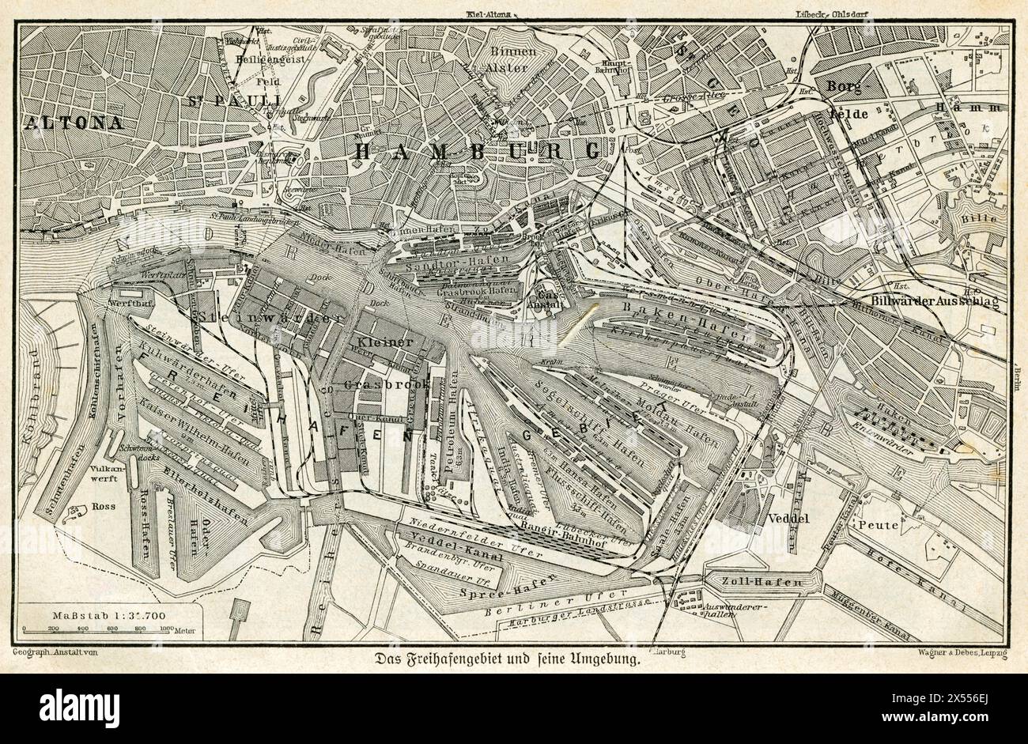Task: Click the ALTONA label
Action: click(73, 123)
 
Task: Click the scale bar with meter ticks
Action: click(99, 629)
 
